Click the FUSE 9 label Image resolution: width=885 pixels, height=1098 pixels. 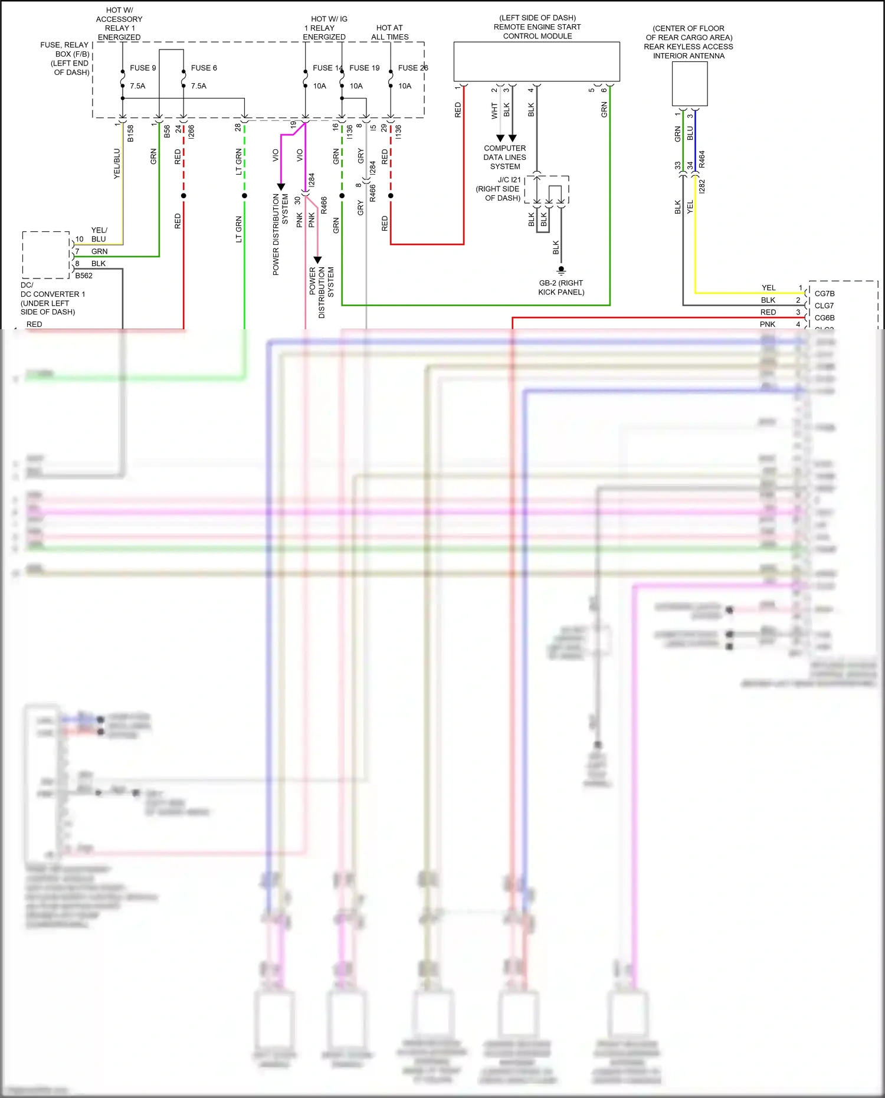[x=143, y=68]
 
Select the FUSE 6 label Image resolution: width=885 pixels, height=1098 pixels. [x=204, y=68]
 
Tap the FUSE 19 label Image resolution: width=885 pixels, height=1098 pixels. [x=364, y=68]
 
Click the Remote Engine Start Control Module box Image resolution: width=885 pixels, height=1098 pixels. [x=536, y=61]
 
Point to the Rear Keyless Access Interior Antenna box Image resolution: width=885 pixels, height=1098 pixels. [x=690, y=83]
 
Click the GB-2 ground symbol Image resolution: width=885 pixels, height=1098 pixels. [x=561, y=270]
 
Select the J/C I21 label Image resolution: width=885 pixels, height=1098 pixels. [x=509, y=180]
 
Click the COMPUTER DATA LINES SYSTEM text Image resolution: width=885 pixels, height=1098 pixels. [x=504, y=158]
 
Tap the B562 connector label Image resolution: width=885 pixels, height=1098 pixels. [x=84, y=276]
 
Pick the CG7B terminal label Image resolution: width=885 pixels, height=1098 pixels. [x=824, y=293]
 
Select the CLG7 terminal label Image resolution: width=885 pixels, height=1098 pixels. [x=824, y=306]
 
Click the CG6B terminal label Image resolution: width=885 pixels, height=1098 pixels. [x=824, y=318]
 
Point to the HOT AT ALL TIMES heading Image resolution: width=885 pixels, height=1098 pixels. [x=389, y=32]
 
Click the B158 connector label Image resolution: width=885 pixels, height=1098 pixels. [x=130, y=133]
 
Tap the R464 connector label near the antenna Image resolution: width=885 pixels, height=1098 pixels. [x=702, y=159]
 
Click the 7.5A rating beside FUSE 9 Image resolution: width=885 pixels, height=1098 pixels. [x=137, y=86]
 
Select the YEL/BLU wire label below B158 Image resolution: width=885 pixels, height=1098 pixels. [x=117, y=163]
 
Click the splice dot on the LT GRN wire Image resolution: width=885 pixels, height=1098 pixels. [x=244, y=196]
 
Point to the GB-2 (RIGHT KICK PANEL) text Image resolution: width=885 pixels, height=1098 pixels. [x=561, y=287]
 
